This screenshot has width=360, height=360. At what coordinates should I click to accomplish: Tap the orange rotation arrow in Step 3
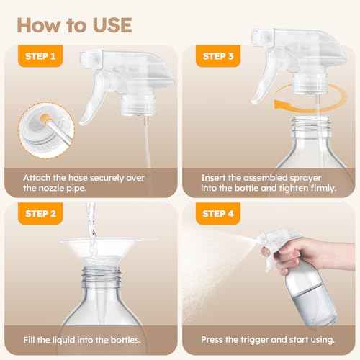click(284, 96)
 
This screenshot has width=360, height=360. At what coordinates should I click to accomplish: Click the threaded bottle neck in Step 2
click(92, 292)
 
